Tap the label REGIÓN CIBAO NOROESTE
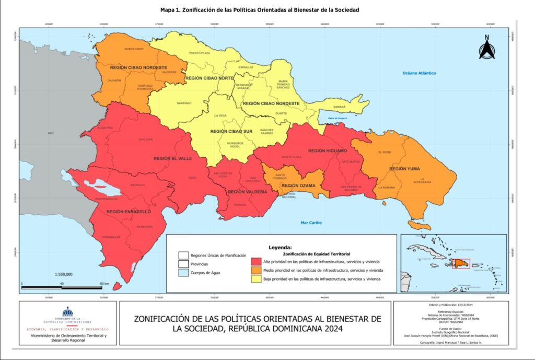138,67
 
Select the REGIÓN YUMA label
405,169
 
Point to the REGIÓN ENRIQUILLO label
129,212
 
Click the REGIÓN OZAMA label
297,185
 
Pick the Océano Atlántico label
418,73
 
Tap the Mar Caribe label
311,223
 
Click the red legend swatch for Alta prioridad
256,261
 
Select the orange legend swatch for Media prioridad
256,270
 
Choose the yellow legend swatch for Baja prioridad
256,280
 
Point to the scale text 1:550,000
64,274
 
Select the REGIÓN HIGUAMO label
327,150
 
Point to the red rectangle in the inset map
460,264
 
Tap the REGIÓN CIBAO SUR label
230,132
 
